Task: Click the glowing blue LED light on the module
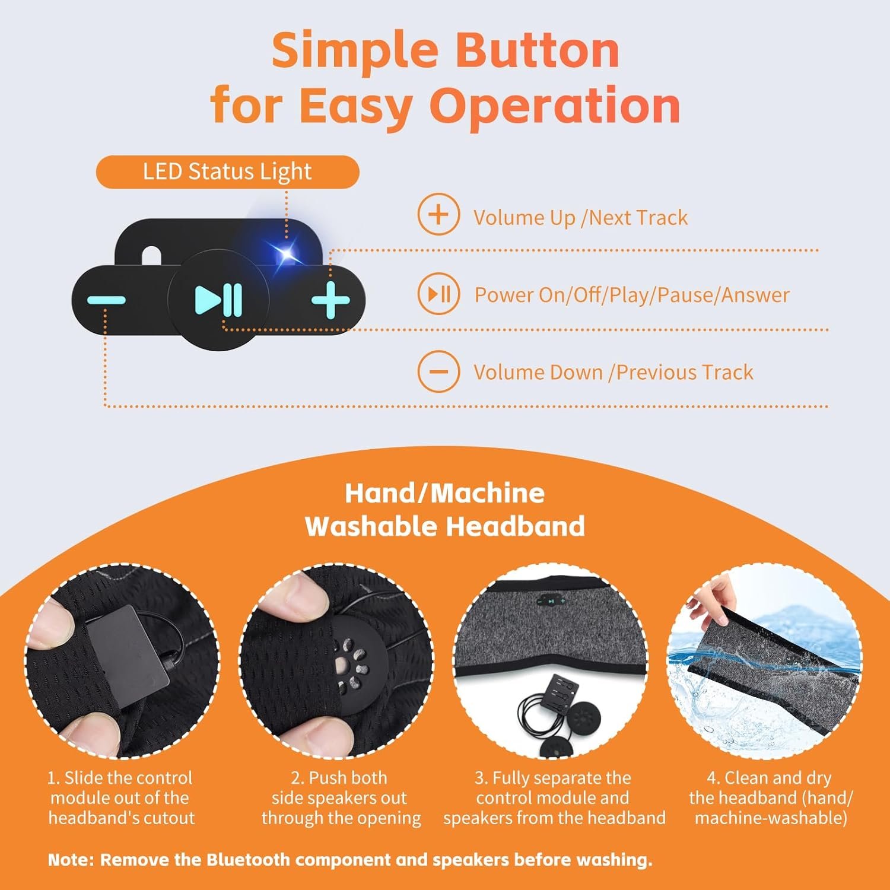pos(287,255)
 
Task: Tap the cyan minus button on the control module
pos(106,300)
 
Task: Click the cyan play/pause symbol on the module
pos(218,300)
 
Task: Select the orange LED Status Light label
pos(227,172)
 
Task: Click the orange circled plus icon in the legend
pos(438,214)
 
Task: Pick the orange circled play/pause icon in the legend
pos(438,293)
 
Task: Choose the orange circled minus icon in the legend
pos(438,372)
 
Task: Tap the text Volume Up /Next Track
pos(580,218)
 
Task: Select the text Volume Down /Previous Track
pos(613,373)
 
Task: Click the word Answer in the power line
pos(755,295)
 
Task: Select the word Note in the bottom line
pos(71,860)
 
